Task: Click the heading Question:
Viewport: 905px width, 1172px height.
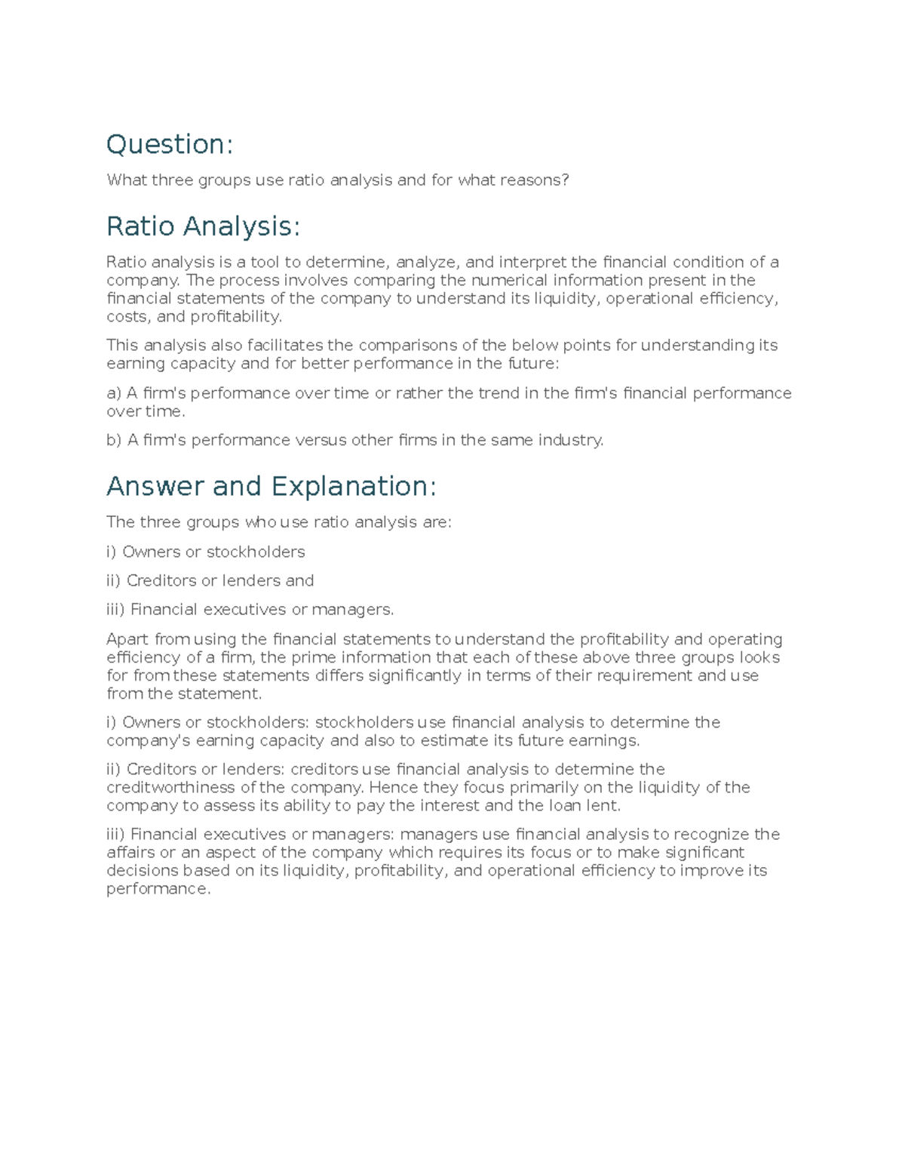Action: point(170,144)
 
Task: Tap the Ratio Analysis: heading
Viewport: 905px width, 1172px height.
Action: point(203,226)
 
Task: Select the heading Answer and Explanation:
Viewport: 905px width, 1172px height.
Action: point(271,486)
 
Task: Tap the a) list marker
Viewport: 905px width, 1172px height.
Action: point(114,393)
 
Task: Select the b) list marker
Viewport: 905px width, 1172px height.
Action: point(114,440)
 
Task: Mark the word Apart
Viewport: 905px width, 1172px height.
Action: point(127,640)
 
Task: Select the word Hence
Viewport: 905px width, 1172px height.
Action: point(391,788)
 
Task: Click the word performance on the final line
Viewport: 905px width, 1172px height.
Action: point(158,889)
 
